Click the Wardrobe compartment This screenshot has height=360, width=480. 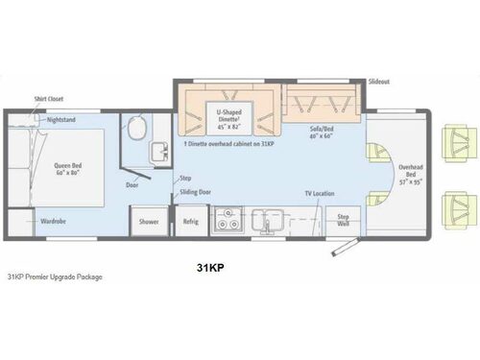tap(53, 221)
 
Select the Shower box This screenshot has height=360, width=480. tap(149, 221)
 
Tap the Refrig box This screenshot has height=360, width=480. tap(190, 221)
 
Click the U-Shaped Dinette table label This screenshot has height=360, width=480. tap(228, 118)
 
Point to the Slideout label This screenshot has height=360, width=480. tap(378, 83)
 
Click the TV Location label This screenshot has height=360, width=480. tap(319, 194)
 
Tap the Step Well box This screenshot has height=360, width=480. tap(344, 221)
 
